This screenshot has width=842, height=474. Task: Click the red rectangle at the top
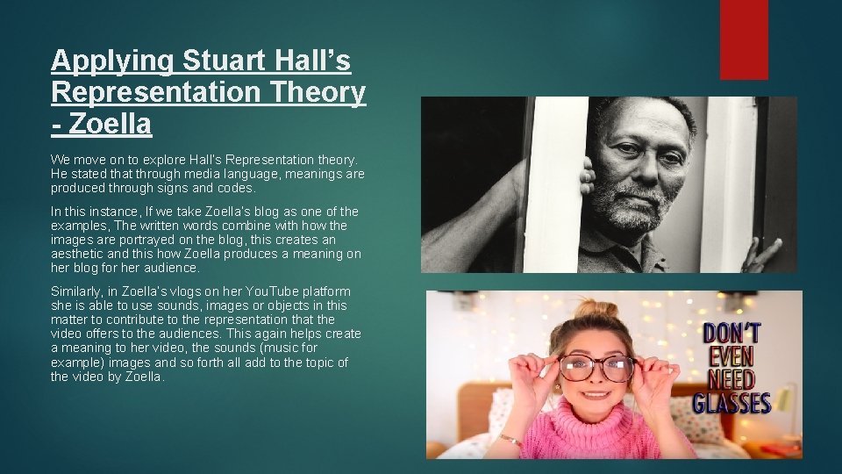(744, 39)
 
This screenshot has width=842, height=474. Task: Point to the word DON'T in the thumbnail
(731, 334)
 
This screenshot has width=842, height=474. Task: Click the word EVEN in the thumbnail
(731, 358)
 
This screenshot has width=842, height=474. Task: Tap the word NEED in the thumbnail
(731, 380)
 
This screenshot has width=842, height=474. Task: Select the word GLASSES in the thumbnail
(731, 404)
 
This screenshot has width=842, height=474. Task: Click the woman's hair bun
(597, 308)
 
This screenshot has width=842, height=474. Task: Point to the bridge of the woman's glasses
(597, 363)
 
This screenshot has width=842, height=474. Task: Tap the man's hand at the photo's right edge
(760, 255)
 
